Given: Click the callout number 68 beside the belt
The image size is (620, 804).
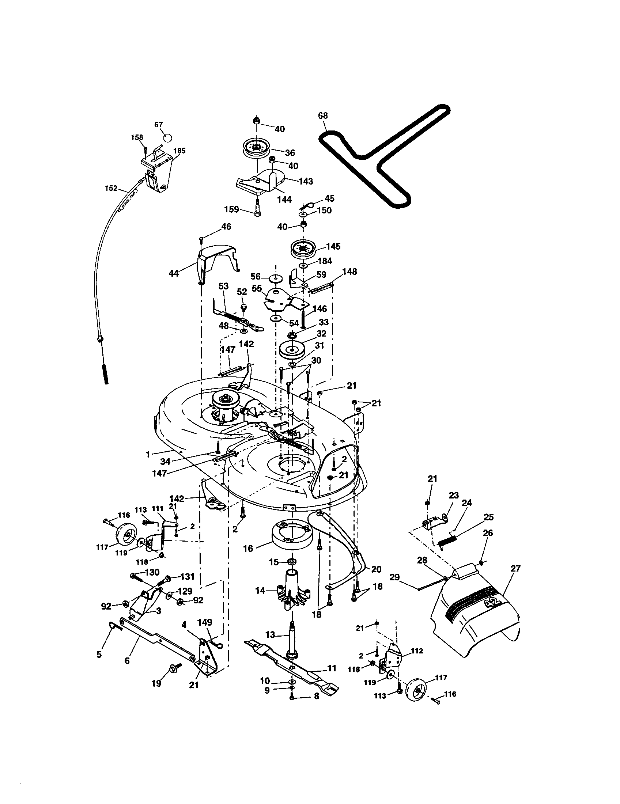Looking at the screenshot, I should click(x=322, y=115).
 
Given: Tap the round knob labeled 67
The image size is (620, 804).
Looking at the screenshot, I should click(x=167, y=137).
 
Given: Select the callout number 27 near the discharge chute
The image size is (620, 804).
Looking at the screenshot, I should click(x=516, y=568).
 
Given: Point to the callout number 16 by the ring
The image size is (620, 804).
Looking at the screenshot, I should click(x=248, y=559).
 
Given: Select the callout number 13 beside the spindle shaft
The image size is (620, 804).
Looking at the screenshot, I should click(x=270, y=634).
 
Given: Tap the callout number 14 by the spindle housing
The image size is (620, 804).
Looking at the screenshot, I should click(x=260, y=591).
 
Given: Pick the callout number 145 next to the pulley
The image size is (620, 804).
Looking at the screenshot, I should click(x=333, y=246).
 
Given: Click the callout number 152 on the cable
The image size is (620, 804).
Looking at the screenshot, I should click(x=111, y=188).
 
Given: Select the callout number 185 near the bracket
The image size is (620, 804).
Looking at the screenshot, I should click(x=179, y=151).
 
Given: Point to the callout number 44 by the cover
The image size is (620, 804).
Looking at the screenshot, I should click(x=173, y=273).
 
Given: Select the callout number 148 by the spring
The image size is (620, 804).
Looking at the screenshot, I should click(x=349, y=272).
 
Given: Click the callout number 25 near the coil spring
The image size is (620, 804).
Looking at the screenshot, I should click(x=488, y=517).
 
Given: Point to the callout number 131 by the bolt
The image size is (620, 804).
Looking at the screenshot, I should click(x=187, y=577).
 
